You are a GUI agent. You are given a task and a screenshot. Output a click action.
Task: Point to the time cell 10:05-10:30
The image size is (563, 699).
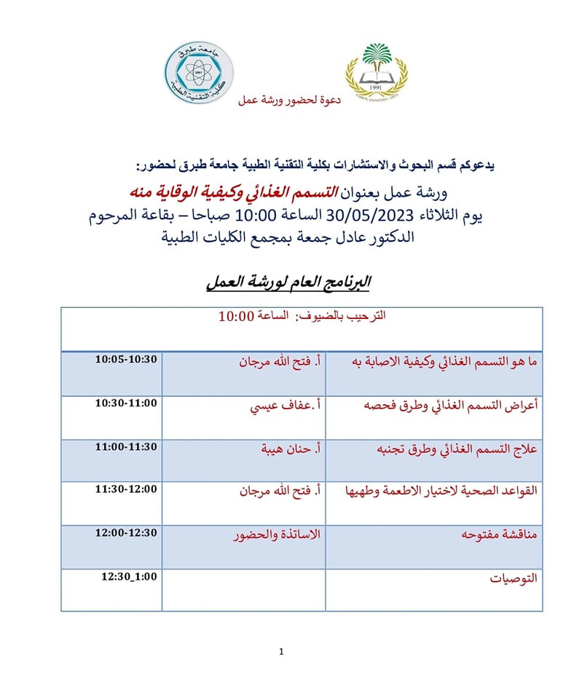(126, 360)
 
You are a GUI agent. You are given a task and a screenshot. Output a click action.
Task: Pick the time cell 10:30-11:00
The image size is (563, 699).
(126, 403)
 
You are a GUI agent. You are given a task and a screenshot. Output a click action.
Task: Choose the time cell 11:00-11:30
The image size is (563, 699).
(126, 446)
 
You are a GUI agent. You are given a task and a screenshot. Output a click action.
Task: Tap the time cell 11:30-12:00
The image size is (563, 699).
(126, 489)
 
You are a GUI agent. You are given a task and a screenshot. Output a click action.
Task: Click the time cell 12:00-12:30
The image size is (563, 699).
(126, 532)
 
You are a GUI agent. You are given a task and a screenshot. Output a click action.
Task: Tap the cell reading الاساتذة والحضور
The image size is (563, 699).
(277, 535)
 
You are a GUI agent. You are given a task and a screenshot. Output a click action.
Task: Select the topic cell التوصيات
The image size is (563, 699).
(515, 579)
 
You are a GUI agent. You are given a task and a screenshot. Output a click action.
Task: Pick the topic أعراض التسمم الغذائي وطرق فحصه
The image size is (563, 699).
(451, 407)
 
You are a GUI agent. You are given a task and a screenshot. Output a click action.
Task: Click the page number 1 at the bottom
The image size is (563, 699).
(281, 651)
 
